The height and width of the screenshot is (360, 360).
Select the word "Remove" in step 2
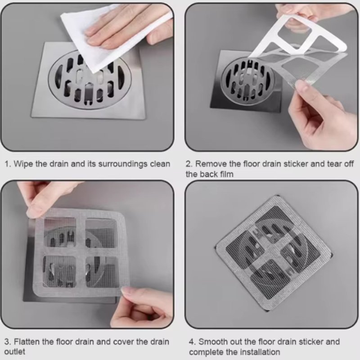click(210, 164)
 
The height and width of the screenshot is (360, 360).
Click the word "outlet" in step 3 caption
click(15, 351)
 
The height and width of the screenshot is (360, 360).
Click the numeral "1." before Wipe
click(8, 164)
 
